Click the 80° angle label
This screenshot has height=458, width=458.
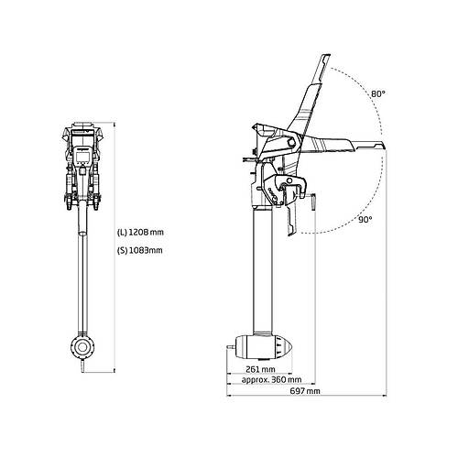tap(378, 93)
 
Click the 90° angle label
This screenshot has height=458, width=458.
tap(365, 219)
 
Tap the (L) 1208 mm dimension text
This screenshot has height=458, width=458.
tap(141, 233)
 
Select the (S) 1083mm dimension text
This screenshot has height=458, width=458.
tap(140, 250)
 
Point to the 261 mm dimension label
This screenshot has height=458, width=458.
tap(260, 369)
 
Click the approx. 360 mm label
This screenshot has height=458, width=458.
tap(271, 380)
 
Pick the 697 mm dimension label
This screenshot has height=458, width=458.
tap(305, 390)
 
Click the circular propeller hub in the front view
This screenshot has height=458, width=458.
tap(82, 347)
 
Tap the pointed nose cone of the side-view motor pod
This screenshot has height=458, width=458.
tap(288, 347)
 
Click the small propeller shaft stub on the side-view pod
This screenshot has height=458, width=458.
tap(232, 347)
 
